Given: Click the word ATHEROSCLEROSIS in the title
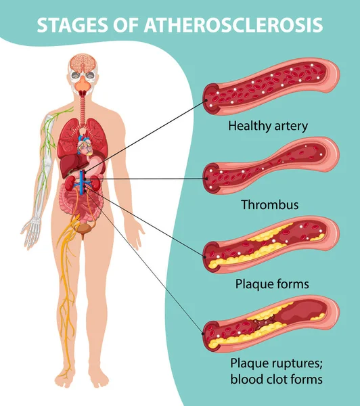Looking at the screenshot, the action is (233, 25).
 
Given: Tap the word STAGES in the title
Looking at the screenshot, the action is (72, 25).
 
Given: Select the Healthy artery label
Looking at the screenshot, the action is (268, 126).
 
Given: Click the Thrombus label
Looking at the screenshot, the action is (269, 204).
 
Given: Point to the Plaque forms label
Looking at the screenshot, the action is (272, 284).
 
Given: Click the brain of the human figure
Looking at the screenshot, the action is (83, 63).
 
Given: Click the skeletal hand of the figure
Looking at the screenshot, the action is (31, 231).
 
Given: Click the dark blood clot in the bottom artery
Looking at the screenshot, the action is (264, 323).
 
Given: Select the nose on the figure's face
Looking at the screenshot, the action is (83, 83).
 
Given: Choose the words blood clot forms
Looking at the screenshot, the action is (276, 380).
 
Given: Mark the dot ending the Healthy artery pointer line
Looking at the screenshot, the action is (206, 100).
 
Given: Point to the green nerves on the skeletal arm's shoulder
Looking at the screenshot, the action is (63, 112).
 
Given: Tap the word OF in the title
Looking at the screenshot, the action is (126, 25).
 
